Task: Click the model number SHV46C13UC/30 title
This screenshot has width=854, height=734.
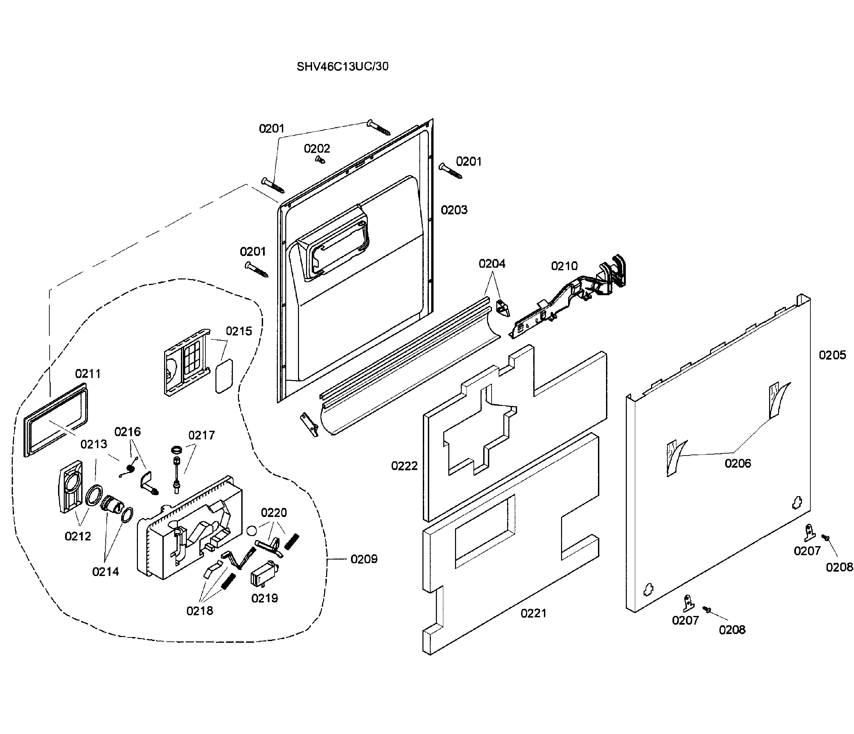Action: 343,66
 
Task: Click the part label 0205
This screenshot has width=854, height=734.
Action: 832,355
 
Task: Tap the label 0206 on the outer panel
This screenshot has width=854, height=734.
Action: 738,464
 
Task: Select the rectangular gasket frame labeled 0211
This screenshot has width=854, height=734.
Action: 56,420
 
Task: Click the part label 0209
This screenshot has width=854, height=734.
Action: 364,559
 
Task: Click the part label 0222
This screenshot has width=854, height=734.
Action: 404,466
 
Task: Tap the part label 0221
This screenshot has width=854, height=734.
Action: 533,614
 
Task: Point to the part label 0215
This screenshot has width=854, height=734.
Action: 239,331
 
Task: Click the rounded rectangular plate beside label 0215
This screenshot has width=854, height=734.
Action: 224,376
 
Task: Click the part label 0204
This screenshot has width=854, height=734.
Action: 492,264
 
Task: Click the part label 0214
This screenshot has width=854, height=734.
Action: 105,572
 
